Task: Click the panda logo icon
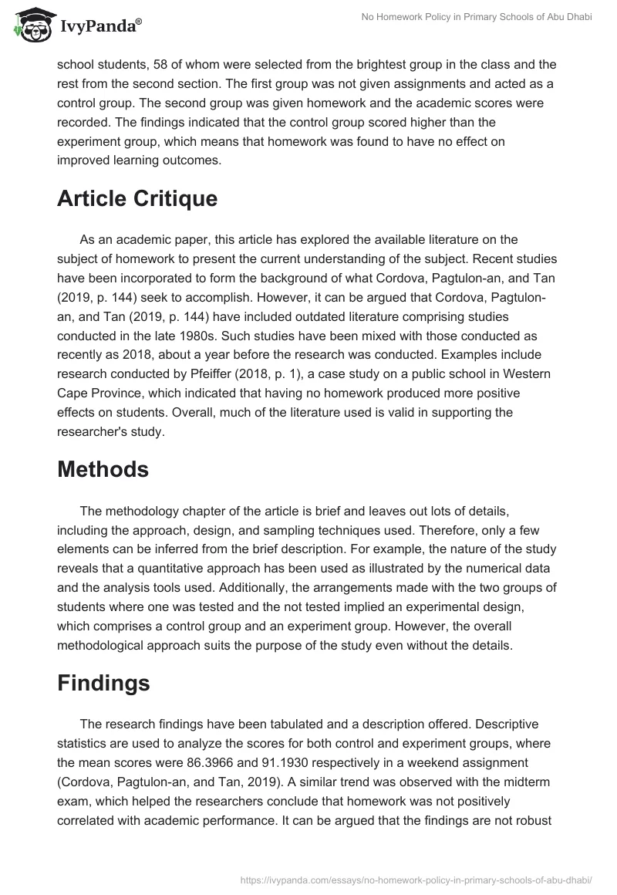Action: tap(29, 25)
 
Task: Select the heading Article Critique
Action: tap(137, 198)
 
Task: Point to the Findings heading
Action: tap(103, 684)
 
